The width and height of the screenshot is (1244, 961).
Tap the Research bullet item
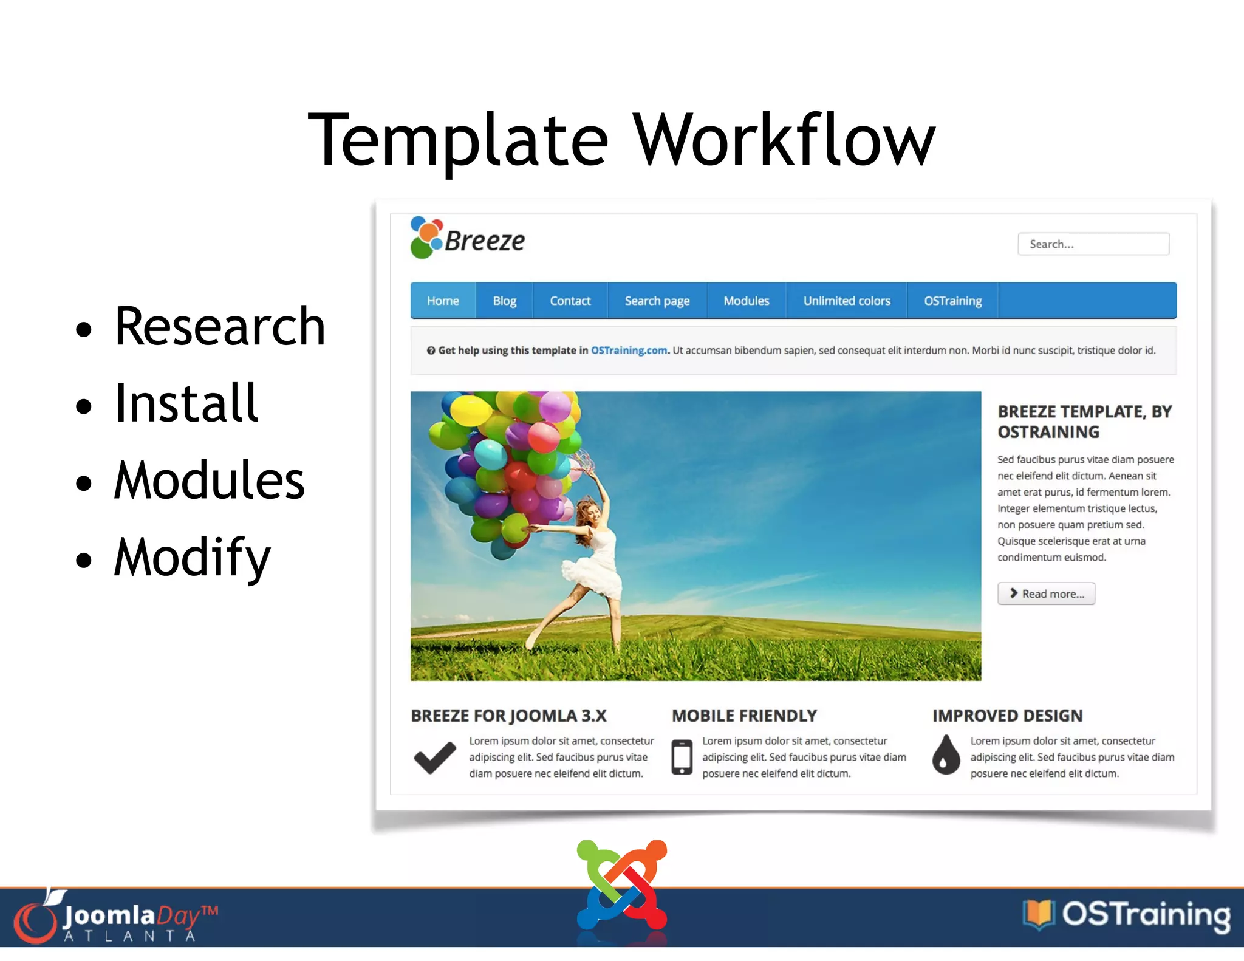click(220, 327)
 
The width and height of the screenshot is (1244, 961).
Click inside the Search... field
click(1093, 244)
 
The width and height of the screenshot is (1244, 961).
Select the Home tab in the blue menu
click(443, 301)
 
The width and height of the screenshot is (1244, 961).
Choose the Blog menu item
click(504, 301)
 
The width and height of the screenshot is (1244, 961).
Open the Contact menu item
click(570, 301)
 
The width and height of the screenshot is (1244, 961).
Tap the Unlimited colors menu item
click(846, 301)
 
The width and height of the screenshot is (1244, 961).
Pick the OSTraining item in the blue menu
click(952, 301)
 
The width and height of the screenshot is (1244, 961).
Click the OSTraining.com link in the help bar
click(629, 351)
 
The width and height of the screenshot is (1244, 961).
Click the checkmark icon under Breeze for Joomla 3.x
click(435, 758)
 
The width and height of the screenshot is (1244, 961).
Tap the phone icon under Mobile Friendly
click(682, 758)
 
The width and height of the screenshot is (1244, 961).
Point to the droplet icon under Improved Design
click(946, 756)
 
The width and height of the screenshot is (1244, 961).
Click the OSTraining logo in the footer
click(1127, 915)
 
